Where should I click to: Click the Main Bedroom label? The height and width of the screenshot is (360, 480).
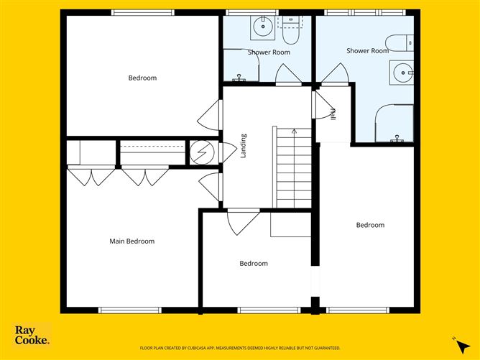click(x=131, y=241)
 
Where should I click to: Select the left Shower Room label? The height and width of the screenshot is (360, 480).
click(x=269, y=52)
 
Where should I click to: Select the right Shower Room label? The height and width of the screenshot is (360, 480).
click(x=367, y=51)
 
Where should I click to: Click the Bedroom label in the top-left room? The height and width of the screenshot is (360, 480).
click(x=142, y=78)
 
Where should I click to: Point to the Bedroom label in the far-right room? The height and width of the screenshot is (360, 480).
click(x=370, y=225)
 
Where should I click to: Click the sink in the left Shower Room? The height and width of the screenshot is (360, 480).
click(x=262, y=27)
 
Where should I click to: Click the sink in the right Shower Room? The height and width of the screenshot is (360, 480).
click(x=403, y=73)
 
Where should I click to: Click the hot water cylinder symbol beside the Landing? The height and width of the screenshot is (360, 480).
click(x=202, y=152)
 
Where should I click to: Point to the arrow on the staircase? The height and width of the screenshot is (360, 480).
click(x=293, y=131)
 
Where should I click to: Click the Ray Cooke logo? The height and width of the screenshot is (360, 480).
click(x=32, y=335)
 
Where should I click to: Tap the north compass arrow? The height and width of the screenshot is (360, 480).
click(x=456, y=341)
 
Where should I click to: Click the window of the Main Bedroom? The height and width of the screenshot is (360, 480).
click(x=129, y=310)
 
